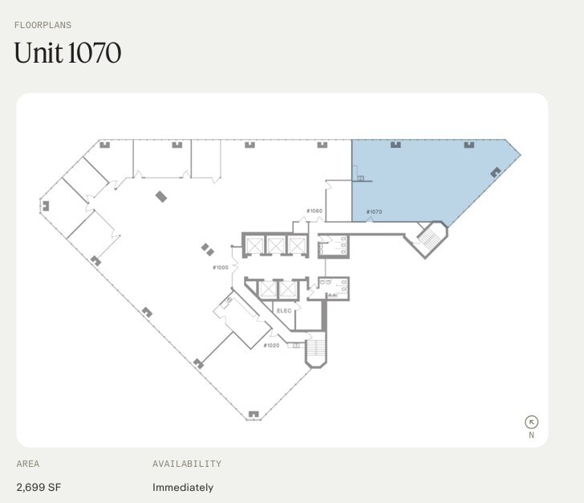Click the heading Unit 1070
pos(67,53)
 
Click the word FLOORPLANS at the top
pos(43,25)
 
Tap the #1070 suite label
pos(374,212)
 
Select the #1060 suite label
pos(314,211)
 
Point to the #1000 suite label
pos(220,267)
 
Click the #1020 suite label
pos(271,346)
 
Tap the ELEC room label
pos(284,310)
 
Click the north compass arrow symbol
pos(531,422)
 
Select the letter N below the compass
pos(531,436)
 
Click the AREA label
pos(28,464)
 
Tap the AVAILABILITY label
pos(187,464)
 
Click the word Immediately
pos(183,487)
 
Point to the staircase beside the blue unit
pos(428,238)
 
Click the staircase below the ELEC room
pos(316,350)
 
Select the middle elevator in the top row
pos(276,244)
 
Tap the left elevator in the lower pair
pos(266,288)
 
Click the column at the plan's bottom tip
pos(253,415)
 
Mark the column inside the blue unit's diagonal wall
pos(495,171)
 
